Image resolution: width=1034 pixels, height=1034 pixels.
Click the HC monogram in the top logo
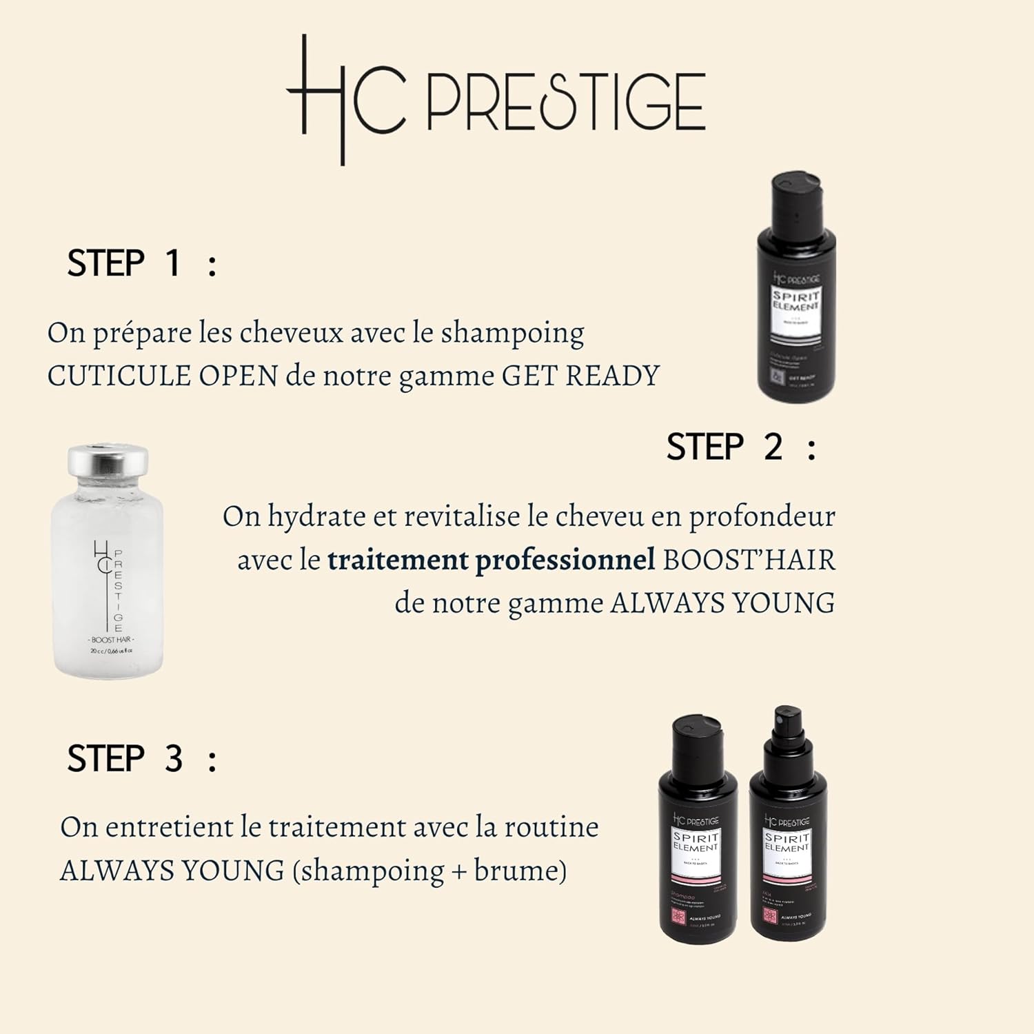pos(345,100)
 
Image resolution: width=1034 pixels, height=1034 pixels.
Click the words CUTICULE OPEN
pos(163,376)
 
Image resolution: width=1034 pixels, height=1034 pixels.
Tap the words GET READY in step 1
pos(580,376)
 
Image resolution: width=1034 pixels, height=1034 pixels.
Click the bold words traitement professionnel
pos(491,560)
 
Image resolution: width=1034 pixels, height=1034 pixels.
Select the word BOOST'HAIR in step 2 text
pos(749,560)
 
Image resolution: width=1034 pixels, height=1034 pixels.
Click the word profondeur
pos(762,517)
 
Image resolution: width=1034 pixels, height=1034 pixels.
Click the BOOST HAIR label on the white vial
pos(112,640)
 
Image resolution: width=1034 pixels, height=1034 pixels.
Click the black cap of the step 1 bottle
pos(795,196)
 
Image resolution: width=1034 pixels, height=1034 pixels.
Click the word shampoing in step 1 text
pos(512,333)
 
